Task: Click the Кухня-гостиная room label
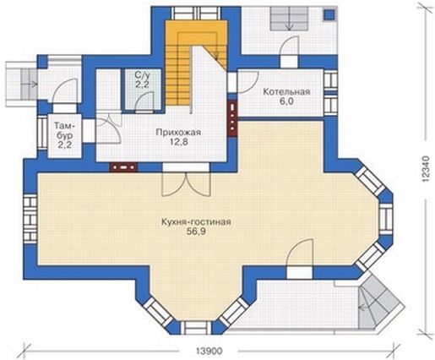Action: tap(196, 221)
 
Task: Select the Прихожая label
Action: tap(178, 133)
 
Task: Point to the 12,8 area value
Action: tap(179, 142)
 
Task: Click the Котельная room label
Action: tap(286, 92)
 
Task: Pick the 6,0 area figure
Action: tap(286, 101)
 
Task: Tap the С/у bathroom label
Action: tap(142, 75)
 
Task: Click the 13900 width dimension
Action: tap(209, 351)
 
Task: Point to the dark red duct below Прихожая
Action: tap(123, 167)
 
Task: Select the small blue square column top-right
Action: tap(329, 14)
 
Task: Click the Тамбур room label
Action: tap(65, 135)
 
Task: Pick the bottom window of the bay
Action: tap(195, 327)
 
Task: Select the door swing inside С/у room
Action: tap(144, 103)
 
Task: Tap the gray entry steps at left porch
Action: tap(29, 85)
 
